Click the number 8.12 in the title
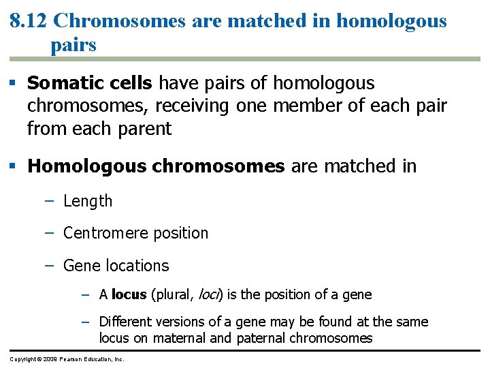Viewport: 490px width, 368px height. tap(28, 20)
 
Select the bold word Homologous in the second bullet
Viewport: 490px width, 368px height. tap(86, 166)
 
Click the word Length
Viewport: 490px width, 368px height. tap(88, 201)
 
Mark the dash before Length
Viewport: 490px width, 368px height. tap(49, 201)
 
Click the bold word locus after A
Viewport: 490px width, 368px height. tap(129, 294)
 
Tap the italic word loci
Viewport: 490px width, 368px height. tap(207, 294)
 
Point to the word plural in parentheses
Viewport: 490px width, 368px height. tap(174, 295)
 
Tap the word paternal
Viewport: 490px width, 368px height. tap(261, 338)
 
